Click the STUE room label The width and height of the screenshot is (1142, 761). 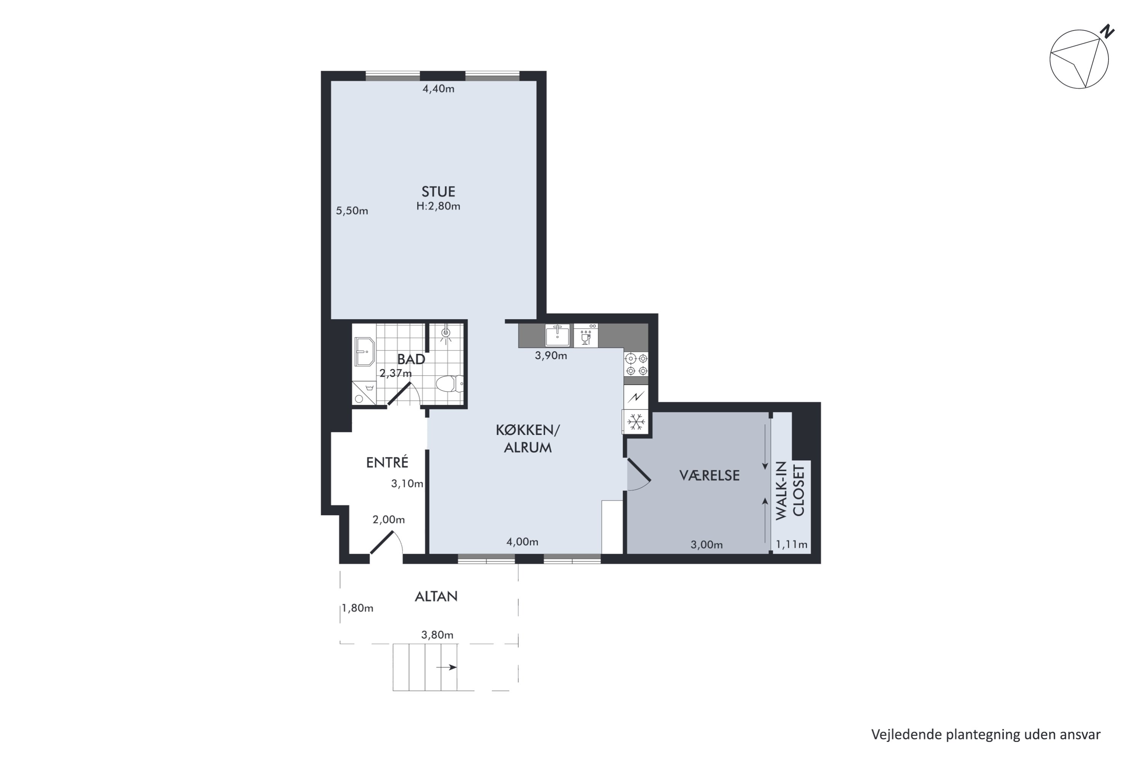click(438, 192)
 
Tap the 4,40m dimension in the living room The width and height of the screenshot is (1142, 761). click(439, 89)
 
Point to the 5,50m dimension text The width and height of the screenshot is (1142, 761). click(352, 211)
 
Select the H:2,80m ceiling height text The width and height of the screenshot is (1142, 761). click(438, 206)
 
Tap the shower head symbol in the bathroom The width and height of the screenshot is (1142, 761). click(446, 333)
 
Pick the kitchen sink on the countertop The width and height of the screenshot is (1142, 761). click(557, 335)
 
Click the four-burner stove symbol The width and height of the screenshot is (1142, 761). click(636, 365)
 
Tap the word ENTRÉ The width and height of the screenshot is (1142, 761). click(387, 463)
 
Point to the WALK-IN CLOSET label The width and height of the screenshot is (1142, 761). click(790, 491)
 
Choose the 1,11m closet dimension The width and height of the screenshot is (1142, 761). click(791, 544)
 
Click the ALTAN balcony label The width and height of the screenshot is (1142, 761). click(436, 597)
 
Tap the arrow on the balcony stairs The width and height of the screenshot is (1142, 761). click(447, 667)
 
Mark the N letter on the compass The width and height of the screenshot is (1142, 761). click(1107, 32)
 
